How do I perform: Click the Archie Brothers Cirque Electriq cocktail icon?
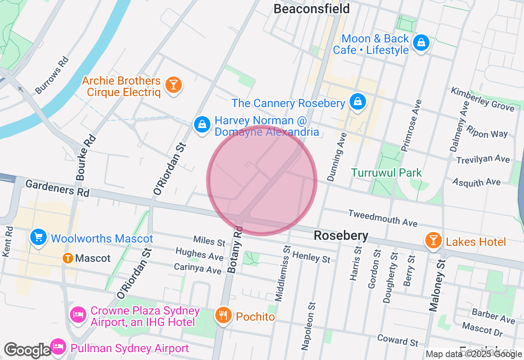point(174,85)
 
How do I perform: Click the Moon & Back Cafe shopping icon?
point(421,42)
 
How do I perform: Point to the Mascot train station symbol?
point(68,258)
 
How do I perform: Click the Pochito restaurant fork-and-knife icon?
point(223,315)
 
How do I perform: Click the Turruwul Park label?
point(386,173)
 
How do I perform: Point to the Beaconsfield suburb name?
point(312,9)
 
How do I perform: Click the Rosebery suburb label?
point(341,236)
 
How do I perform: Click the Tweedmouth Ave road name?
point(383,218)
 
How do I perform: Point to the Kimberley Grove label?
point(483,99)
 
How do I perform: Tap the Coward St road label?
point(398,340)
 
